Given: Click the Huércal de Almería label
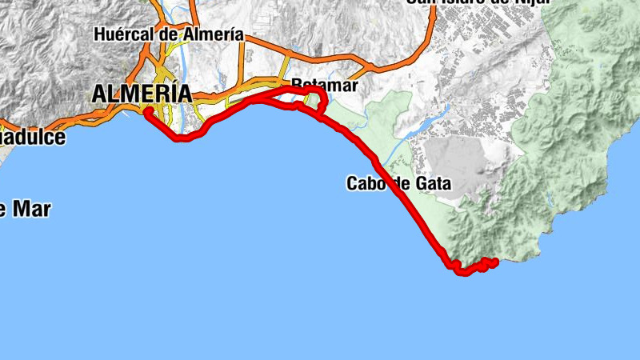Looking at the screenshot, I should [x=168, y=34].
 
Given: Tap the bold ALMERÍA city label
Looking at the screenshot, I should [x=142, y=94].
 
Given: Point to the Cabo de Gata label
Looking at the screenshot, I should [x=398, y=183].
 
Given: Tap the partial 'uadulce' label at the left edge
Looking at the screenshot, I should [x=32, y=137].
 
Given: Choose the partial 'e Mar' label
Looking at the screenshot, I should [x=25, y=210].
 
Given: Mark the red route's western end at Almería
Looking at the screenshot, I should [x=148, y=110].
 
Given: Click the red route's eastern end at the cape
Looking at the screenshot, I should [x=495, y=262].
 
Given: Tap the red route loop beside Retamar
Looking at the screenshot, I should [x=318, y=99].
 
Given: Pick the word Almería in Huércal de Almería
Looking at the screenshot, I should [x=212, y=34].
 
